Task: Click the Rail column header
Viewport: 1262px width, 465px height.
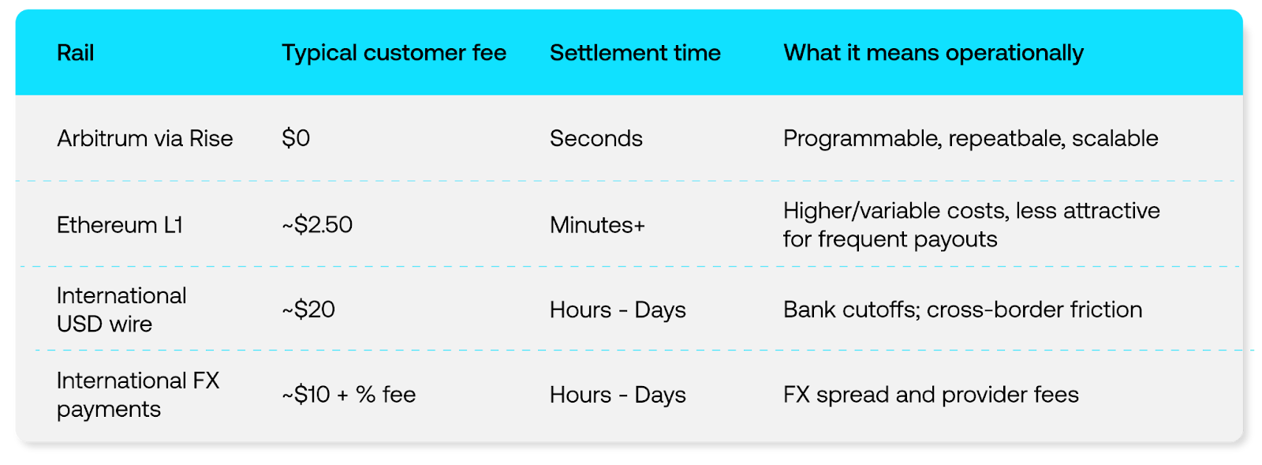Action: pyautogui.click(x=76, y=53)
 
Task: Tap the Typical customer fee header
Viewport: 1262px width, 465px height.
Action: pyautogui.click(x=394, y=53)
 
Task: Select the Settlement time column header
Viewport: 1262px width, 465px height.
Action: pyautogui.click(x=635, y=53)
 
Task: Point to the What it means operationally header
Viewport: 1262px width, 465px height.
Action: pyautogui.click(x=933, y=54)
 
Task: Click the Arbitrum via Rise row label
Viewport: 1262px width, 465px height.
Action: pyautogui.click(x=145, y=138)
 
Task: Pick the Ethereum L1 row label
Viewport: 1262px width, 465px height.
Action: pyautogui.click(x=120, y=225)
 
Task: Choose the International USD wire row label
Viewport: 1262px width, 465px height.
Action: pyautogui.click(x=121, y=309)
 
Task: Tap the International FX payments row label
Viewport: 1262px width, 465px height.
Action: pyautogui.click(x=138, y=395)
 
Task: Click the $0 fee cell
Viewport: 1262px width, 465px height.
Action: pyautogui.click(x=296, y=138)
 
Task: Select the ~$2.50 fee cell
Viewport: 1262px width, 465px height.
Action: pyautogui.click(x=317, y=225)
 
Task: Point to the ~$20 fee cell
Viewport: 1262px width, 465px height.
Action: pyautogui.click(x=308, y=309)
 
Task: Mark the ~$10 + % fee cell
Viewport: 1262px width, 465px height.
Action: pyautogui.click(x=349, y=395)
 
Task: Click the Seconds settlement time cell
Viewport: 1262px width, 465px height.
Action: pyautogui.click(x=596, y=138)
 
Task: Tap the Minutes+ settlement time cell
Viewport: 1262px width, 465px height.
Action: pyautogui.click(x=597, y=225)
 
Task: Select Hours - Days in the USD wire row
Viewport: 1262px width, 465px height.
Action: pyautogui.click(x=618, y=310)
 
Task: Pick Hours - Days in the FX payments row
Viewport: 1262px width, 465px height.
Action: pyautogui.click(x=618, y=395)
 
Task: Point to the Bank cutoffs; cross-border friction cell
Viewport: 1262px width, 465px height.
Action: pyautogui.click(x=963, y=309)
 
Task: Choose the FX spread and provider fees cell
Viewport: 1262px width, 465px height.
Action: pyautogui.click(x=931, y=395)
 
